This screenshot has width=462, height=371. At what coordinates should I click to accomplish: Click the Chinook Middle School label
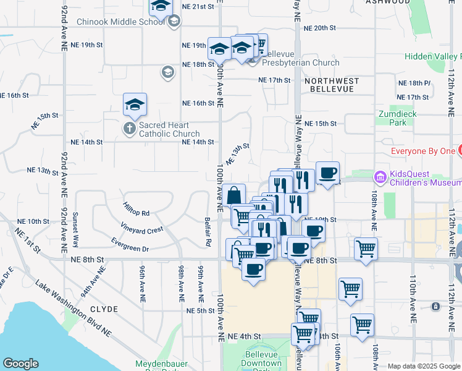pos(121,22)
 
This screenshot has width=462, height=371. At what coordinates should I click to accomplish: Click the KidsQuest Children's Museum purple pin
pos(380,177)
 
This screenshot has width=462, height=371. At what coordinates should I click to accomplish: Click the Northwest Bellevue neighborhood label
pos(331,85)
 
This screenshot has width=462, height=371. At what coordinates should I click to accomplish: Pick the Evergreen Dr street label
pos(130,244)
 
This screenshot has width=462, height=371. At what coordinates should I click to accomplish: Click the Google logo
pos(20,364)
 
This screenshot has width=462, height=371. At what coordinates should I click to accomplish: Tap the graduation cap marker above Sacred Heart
pos(135,104)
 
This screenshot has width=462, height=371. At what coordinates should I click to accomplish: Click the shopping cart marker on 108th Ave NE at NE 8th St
pos(366,249)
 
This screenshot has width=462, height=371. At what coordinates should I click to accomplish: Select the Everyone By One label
pos(424,151)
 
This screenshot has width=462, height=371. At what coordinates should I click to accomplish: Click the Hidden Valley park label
pos(432,56)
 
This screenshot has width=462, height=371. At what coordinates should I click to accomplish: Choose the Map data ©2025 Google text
pos(424,366)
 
